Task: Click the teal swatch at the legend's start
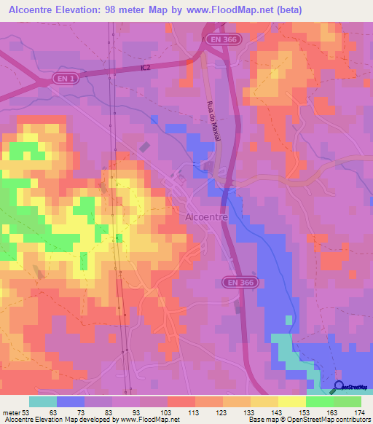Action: tap(43, 401)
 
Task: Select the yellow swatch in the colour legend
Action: tap(291, 401)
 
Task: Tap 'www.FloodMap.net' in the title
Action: tap(234, 9)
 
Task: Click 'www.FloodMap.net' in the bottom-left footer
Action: tap(150, 419)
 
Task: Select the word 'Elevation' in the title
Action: tap(82, 9)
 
